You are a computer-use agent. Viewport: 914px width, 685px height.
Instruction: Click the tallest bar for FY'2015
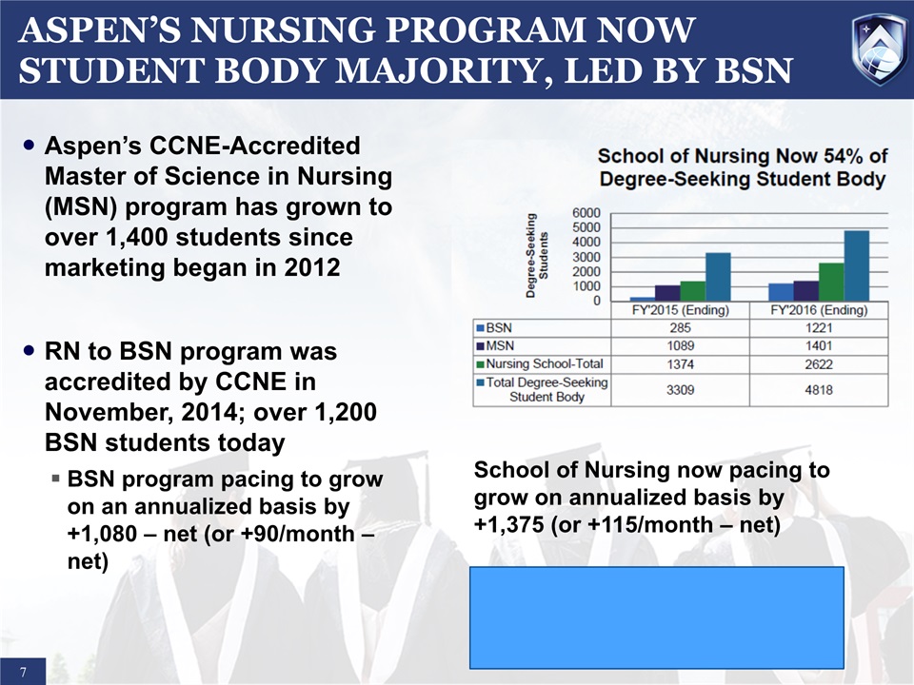click(x=717, y=277)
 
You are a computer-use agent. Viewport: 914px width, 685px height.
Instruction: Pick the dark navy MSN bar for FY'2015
click(x=667, y=293)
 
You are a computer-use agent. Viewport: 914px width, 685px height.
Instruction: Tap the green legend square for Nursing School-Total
click(x=481, y=363)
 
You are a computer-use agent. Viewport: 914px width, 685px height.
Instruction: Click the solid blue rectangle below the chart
click(x=657, y=616)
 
